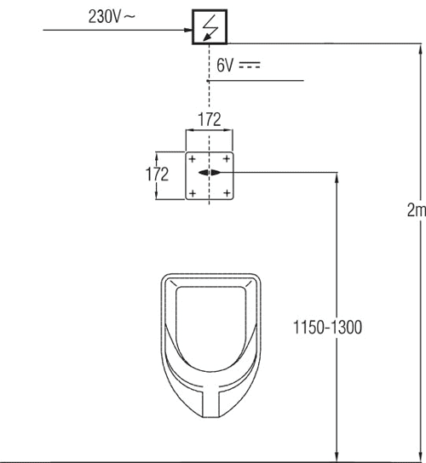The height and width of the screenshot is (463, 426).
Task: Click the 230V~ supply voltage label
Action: click(112, 16)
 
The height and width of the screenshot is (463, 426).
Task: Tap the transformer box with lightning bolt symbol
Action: click(210, 27)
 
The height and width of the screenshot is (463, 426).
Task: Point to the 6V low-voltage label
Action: click(225, 66)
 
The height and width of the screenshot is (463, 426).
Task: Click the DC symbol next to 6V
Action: click(250, 66)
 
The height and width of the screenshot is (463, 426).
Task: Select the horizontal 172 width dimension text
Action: click(210, 119)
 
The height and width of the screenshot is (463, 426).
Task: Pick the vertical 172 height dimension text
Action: click(157, 174)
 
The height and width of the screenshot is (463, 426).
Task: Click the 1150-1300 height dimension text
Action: click(327, 327)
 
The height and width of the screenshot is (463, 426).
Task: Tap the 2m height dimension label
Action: click(417, 210)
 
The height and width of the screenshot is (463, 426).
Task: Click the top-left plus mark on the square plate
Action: click(193, 159)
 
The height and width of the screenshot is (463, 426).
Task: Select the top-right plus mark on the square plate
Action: click(227, 159)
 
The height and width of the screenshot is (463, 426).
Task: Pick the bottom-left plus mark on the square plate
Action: click(193, 193)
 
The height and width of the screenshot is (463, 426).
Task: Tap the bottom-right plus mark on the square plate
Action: click(227, 193)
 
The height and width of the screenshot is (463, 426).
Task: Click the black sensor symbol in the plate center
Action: click(210, 173)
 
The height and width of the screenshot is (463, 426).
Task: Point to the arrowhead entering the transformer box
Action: click(188, 30)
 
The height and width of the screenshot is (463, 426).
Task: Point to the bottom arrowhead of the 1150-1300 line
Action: click(337, 456)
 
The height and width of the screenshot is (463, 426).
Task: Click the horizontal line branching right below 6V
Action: click(255, 80)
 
